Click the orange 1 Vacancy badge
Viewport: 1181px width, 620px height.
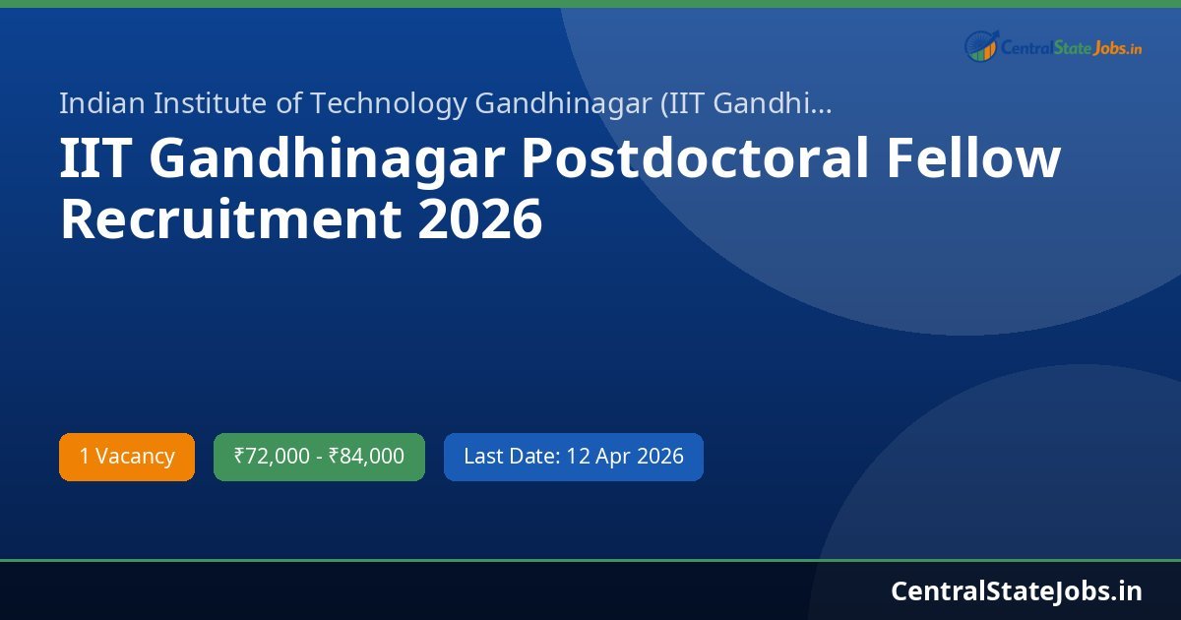(127, 457)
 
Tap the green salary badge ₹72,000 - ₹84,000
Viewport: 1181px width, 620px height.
(319, 457)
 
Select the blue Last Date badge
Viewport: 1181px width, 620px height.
(573, 457)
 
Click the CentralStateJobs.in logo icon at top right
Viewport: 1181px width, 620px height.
(980, 45)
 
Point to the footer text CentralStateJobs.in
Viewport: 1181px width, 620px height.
(1017, 590)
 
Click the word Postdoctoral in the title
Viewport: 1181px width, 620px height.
(694, 160)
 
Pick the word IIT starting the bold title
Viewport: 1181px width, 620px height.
(96, 160)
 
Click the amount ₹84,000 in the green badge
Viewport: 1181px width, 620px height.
(366, 457)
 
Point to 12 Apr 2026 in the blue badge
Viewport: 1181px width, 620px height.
(625, 457)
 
